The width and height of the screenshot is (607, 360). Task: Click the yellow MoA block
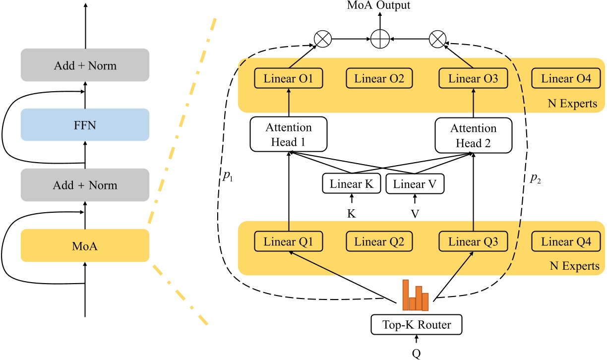click(x=85, y=245)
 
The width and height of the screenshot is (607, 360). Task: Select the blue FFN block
click(x=85, y=125)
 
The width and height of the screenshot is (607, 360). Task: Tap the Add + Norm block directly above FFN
click(x=85, y=65)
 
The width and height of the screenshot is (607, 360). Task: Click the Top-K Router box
click(x=417, y=325)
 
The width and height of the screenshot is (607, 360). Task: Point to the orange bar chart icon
click(x=415, y=295)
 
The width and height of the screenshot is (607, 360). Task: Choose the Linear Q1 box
click(x=289, y=242)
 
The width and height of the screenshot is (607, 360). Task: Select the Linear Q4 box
click(x=566, y=242)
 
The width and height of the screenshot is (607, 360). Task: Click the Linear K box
click(x=352, y=184)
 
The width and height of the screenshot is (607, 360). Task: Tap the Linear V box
click(x=415, y=184)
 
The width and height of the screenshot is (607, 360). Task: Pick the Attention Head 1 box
click(x=289, y=135)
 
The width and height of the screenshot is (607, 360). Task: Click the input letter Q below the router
click(x=417, y=353)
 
